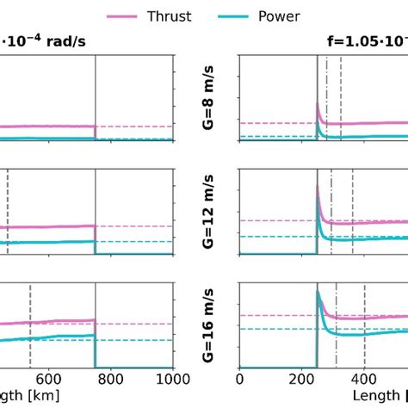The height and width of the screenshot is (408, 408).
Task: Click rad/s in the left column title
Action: click(64, 40)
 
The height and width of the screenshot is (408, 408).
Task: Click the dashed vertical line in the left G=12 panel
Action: click(8, 211)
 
